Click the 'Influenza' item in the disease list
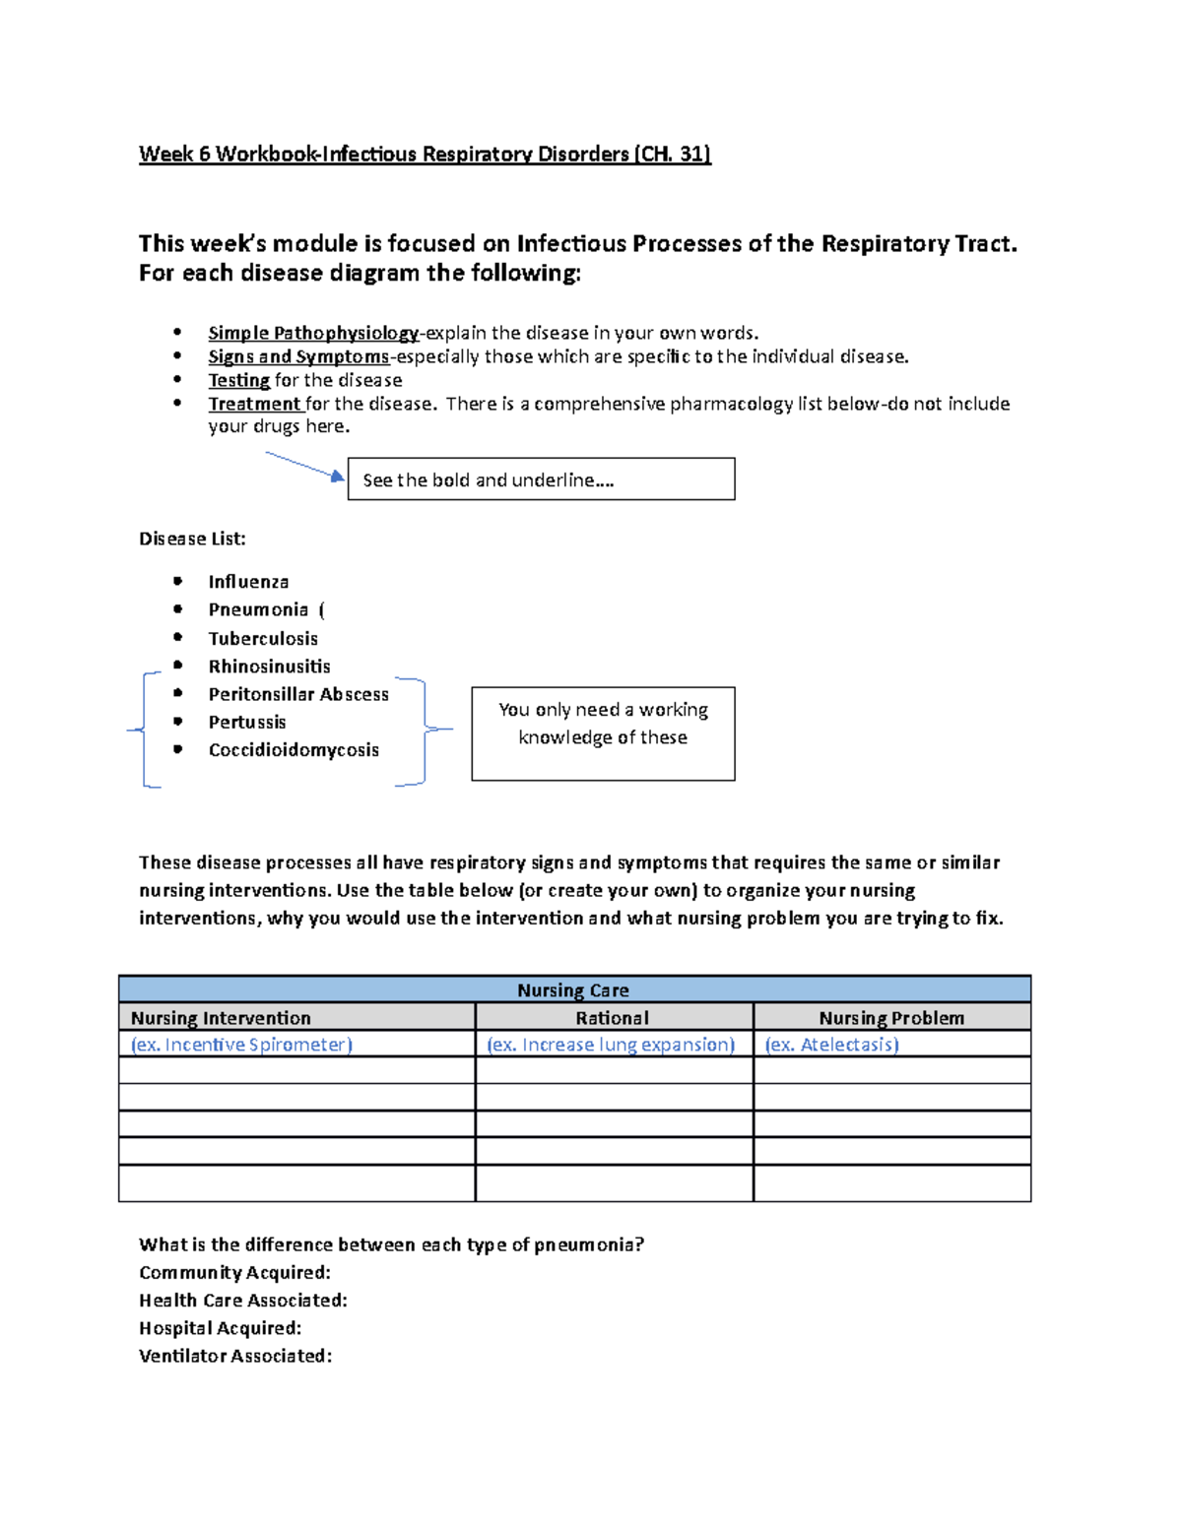(248, 582)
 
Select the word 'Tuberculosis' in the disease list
(263, 638)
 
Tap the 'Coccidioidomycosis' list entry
(294, 750)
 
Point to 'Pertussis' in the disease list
(247, 722)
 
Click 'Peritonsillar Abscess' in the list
(298, 694)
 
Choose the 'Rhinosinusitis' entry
(269, 667)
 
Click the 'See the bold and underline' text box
(541, 479)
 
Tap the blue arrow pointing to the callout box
(304, 465)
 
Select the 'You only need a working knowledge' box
(603, 733)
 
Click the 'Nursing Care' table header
(573, 990)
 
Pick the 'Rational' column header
(613, 1018)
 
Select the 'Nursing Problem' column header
(891, 1018)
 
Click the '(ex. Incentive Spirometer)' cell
(241, 1045)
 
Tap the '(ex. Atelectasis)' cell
(831, 1045)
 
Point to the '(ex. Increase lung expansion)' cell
(611, 1045)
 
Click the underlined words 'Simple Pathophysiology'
(313, 333)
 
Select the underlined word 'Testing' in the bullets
(238, 380)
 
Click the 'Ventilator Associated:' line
(235, 1356)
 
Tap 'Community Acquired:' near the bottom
(234, 1273)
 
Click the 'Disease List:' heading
(192, 539)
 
